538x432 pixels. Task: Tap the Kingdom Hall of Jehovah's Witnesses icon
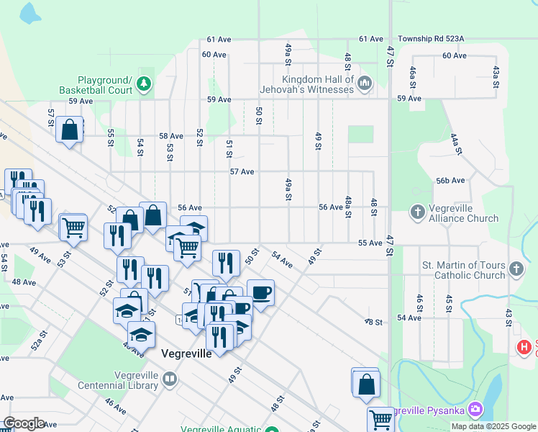click(364, 84)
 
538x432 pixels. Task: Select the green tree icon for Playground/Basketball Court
click(144, 84)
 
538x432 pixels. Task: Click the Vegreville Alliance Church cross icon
click(418, 212)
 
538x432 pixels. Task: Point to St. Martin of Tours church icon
click(516, 270)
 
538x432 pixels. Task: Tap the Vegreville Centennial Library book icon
click(170, 379)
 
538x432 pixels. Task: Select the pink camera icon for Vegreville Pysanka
click(475, 410)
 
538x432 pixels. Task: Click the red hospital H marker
click(524, 348)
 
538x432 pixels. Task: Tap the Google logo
click(24, 423)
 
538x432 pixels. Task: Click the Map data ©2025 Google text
click(493, 426)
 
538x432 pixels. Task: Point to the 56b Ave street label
click(450, 181)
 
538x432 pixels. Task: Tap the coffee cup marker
click(260, 292)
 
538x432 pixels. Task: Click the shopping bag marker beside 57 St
click(70, 131)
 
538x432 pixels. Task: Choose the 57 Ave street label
click(242, 172)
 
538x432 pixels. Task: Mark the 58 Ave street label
click(171, 136)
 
